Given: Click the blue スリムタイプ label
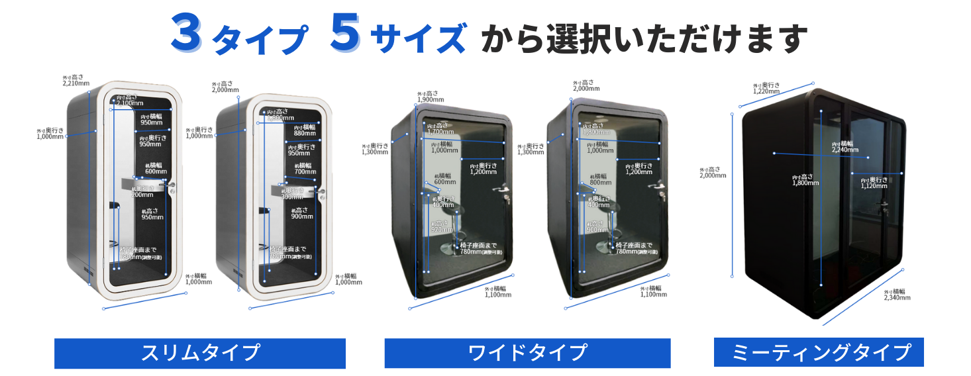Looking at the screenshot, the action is click(x=199, y=353).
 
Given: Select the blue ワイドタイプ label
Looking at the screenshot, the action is click(x=527, y=353).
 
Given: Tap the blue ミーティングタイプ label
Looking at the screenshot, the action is click(x=819, y=352).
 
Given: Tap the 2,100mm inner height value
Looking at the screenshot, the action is click(x=129, y=104).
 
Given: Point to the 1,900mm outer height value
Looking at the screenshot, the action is click(x=430, y=100).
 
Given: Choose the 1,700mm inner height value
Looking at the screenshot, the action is click(x=440, y=132).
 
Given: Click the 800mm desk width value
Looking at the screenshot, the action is click(x=600, y=182).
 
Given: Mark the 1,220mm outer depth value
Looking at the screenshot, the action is click(x=766, y=91).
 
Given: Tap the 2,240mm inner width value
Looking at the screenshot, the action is click(x=845, y=150).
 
